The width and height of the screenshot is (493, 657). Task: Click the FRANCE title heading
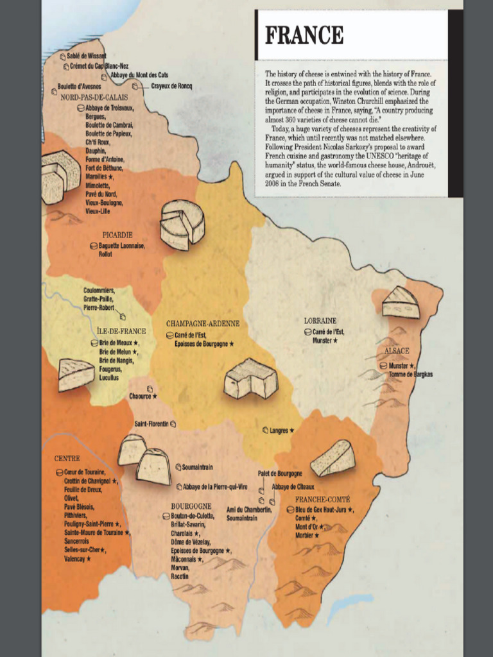tap(304, 35)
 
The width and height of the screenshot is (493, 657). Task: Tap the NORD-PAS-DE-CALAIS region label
tap(94, 98)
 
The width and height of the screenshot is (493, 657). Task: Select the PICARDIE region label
tap(117, 235)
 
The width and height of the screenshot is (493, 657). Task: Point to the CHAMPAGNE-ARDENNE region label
tap(202, 324)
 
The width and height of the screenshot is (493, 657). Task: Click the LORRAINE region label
tap(320, 321)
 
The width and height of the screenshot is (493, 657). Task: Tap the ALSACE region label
tap(397, 351)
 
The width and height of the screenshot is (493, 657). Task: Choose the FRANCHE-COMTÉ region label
tap(322, 499)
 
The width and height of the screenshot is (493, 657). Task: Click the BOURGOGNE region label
tap(191, 506)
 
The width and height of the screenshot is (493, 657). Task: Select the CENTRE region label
tap(67, 459)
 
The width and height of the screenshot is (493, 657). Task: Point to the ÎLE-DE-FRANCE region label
tap(121, 331)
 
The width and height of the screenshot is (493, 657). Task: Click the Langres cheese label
tap(279, 431)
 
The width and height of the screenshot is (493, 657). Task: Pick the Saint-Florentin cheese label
tap(151, 424)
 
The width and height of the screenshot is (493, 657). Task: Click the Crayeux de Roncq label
tap(171, 86)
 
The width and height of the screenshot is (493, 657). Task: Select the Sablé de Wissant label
tap(87, 56)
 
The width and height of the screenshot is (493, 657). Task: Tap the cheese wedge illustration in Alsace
tap(401, 303)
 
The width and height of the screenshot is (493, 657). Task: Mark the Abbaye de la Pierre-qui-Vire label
tap(215, 487)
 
